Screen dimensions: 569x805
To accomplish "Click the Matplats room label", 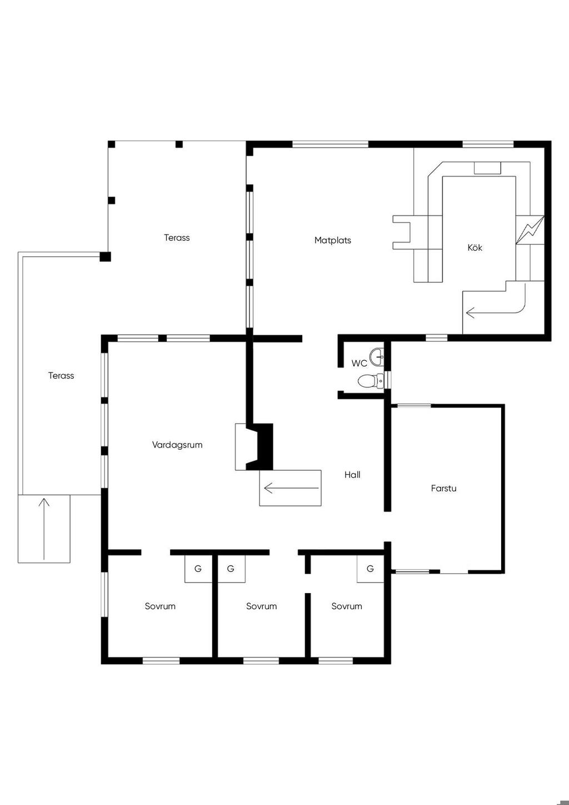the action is (333, 240).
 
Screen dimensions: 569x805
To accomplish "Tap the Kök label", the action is (475, 247).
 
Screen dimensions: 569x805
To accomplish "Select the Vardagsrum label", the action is (177, 445).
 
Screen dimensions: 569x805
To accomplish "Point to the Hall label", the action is (352, 475).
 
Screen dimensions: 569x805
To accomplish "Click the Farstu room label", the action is (443, 488).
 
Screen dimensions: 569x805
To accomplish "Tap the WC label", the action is (359, 364).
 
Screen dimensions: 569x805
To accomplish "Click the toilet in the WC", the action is (371, 381).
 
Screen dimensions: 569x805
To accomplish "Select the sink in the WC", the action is (377, 357).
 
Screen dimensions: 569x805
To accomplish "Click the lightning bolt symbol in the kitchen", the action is (530, 230).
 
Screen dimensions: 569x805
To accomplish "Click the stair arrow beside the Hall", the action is (291, 488).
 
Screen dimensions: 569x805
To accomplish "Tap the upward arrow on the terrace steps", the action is (44, 529).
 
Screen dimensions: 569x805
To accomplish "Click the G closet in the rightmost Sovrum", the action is (370, 569).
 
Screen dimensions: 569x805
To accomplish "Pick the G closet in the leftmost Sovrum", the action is (198, 569).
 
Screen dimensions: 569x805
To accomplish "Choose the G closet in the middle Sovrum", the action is (231, 569).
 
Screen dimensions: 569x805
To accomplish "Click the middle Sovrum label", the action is (262, 607).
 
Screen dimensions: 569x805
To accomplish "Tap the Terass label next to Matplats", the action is (177, 237).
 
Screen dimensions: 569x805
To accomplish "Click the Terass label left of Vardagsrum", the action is (61, 376).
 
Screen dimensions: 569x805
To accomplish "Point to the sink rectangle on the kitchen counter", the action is (487, 168).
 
